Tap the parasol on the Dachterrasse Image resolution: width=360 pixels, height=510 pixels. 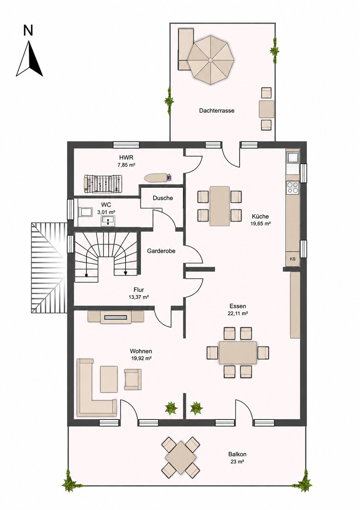pyautogui.click(x=211, y=60)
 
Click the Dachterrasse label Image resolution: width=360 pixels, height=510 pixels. pyautogui.click(x=217, y=111)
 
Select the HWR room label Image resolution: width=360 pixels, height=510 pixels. pyautogui.click(x=126, y=157)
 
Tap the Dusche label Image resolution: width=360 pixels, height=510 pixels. pyautogui.click(x=163, y=198)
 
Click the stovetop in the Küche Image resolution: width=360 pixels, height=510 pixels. pyautogui.click(x=293, y=188)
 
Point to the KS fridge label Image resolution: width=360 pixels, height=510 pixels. pyautogui.click(x=293, y=259)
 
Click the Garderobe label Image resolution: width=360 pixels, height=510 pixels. pyautogui.click(x=161, y=251)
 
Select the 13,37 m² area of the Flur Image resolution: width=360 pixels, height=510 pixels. pyautogui.click(x=139, y=297)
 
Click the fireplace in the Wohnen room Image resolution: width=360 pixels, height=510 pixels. pyautogui.click(x=116, y=317)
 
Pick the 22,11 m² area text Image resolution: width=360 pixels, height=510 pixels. pyautogui.click(x=238, y=313)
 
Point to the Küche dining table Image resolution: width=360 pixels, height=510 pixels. pyautogui.click(x=220, y=206)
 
